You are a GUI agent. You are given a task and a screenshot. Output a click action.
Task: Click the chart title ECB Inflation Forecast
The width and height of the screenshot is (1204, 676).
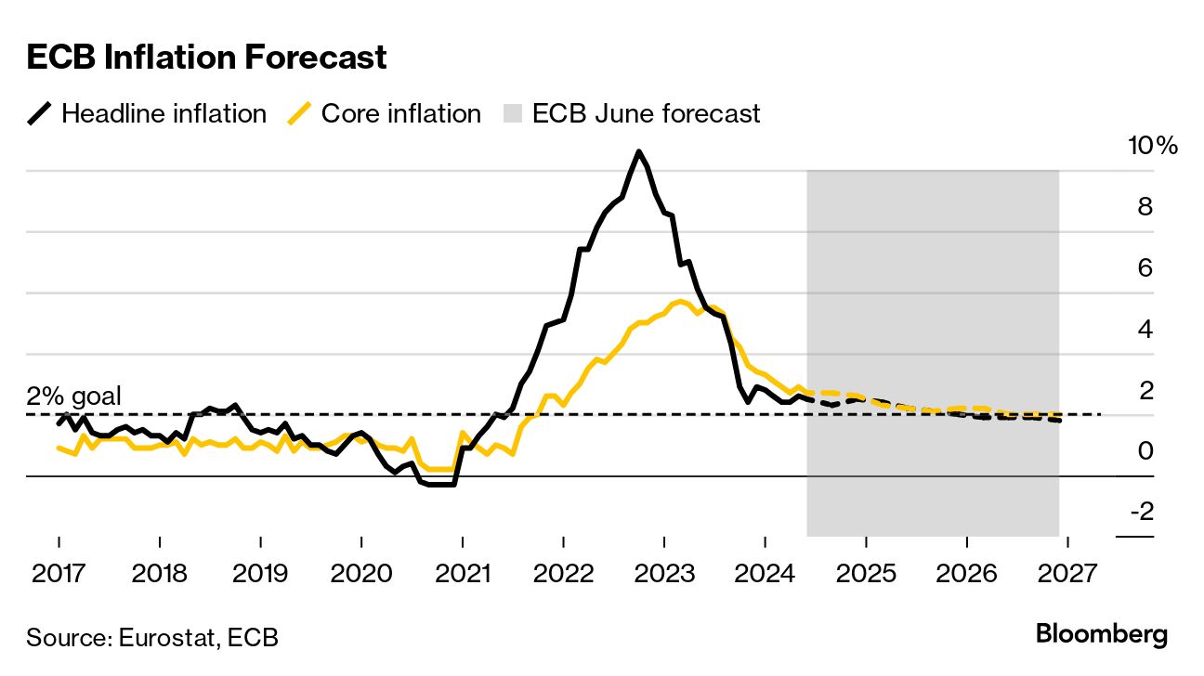(x=206, y=58)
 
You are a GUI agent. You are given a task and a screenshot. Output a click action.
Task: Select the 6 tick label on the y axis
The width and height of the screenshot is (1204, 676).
(x=1145, y=267)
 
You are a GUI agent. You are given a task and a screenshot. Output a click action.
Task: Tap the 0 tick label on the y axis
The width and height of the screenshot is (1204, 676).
(x=1145, y=450)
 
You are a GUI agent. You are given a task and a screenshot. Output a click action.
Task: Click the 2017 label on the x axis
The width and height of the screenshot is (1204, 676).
(x=59, y=573)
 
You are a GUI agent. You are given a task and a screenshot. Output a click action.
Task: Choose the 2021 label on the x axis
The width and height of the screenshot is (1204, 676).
(x=462, y=573)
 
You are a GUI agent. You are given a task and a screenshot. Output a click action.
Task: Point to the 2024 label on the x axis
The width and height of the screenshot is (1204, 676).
(x=765, y=573)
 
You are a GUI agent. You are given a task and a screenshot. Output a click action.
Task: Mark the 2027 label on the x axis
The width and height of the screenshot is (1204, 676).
(x=1067, y=573)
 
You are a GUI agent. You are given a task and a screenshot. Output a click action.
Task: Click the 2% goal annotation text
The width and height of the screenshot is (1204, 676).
(x=73, y=396)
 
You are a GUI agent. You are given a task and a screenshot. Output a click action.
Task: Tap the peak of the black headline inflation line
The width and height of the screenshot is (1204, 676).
(x=638, y=151)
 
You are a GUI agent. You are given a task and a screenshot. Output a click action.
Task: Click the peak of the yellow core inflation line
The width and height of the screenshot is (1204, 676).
(x=680, y=301)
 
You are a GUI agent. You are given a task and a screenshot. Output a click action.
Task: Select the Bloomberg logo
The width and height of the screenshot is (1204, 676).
(x=1102, y=635)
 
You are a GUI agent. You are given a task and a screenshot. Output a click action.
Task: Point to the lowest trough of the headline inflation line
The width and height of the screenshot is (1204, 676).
(x=439, y=484)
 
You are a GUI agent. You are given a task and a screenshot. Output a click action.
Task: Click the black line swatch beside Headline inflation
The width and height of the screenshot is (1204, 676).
(x=39, y=114)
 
